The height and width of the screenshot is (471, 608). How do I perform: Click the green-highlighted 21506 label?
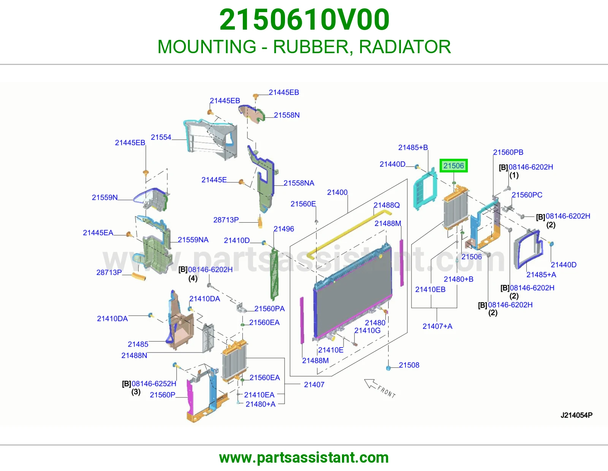click(x=453, y=166)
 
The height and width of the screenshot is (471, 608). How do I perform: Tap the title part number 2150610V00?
click(x=304, y=20)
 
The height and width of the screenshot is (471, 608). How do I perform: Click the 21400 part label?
click(x=337, y=193)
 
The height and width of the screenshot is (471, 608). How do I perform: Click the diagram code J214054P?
click(x=576, y=415)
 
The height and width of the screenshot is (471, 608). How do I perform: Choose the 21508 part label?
click(x=409, y=365)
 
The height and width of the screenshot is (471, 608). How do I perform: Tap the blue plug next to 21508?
click(x=388, y=368)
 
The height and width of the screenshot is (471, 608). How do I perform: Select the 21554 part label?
click(x=161, y=138)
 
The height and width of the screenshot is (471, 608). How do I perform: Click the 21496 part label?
click(x=284, y=229)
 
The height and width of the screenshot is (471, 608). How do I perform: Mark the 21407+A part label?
click(x=437, y=326)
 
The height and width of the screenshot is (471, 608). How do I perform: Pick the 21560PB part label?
click(x=508, y=152)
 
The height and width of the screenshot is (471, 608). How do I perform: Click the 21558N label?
click(x=287, y=115)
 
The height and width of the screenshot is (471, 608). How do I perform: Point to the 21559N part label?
click(x=104, y=198)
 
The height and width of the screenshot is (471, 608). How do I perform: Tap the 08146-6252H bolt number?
click(x=154, y=384)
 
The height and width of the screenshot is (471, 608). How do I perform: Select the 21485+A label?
click(x=541, y=275)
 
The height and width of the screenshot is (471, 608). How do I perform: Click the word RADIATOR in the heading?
click(x=405, y=47)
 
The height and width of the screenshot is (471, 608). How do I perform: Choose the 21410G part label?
click(x=367, y=330)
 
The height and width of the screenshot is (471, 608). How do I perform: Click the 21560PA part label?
click(x=269, y=308)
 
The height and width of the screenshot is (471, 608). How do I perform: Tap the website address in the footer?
click(x=304, y=458)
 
